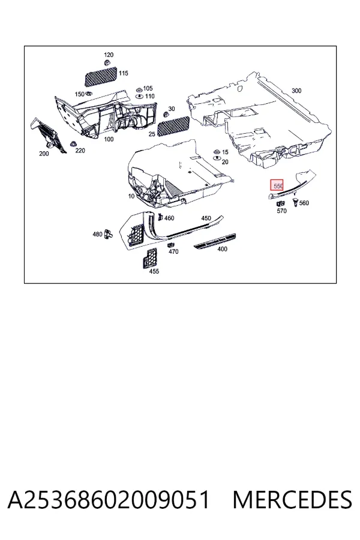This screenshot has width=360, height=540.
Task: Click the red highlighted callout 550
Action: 277,186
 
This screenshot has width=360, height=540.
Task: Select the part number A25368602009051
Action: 109,500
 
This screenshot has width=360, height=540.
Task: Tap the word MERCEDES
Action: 292,500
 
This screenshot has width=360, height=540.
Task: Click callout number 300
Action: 296,91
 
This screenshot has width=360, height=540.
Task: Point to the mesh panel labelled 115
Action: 101,76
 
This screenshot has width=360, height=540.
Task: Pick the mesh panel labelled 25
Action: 173,126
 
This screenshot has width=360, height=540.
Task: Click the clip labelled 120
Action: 107,62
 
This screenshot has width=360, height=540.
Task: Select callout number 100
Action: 109,139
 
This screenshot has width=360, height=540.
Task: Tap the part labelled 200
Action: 48,135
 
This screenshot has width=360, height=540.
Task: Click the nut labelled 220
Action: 73,144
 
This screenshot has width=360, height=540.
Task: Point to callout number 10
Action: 131,196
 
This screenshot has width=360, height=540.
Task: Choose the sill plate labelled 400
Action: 215,241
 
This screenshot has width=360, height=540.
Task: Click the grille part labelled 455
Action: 150,258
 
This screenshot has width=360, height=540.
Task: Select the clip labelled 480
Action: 108,234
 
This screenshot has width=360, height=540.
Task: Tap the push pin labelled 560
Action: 295,202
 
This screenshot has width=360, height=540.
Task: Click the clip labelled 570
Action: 281,204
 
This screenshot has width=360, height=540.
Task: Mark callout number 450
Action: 206,218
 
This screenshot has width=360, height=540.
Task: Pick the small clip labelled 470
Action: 170,245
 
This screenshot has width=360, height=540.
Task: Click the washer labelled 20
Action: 217,158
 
